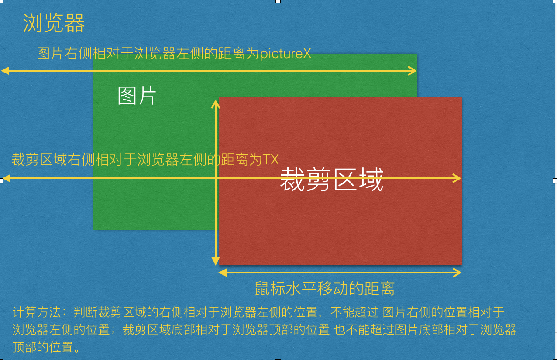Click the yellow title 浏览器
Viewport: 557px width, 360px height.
coord(54,23)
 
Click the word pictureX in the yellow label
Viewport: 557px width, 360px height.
coord(285,53)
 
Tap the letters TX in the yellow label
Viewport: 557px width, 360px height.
coord(271,159)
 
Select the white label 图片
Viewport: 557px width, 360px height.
coord(137,96)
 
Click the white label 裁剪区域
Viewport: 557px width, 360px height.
coord(331,180)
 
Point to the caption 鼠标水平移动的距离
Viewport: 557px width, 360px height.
coord(325,289)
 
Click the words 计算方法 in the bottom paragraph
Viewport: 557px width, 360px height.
coord(37,312)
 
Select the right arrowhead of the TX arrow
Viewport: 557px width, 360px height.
coord(457,178)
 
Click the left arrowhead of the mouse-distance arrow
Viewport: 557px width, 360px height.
coord(222,273)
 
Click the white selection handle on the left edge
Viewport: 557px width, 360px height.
coord(1,180)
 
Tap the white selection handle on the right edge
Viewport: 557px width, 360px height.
coord(555,180)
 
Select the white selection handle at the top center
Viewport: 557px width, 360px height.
coord(278,1)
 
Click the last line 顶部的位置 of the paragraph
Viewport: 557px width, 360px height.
coord(46,347)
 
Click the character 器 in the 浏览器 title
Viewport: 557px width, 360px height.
coord(75,23)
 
